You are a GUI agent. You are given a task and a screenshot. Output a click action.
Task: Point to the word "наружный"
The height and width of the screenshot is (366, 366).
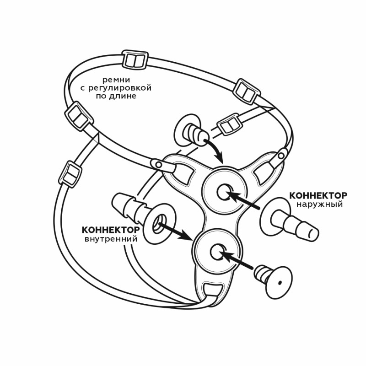click(x=319, y=204)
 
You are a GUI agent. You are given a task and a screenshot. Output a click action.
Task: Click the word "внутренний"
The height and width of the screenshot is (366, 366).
click(x=111, y=239)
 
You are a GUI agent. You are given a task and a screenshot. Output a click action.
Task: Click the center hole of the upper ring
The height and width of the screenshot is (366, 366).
click(x=224, y=193)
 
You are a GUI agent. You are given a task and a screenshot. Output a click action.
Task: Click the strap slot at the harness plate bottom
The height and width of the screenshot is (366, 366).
click(x=212, y=290)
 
